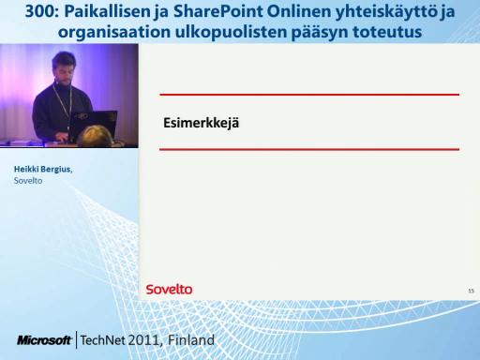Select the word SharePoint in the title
pyautogui.click(x=217, y=11)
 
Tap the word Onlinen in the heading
pyautogui.click(x=299, y=11)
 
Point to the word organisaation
pyautogui.click(x=114, y=32)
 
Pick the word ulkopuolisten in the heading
pyautogui.click(x=231, y=32)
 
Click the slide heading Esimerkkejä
pyautogui.click(x=201, y=123)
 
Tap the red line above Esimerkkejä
pyautogui.click(x=309, y=94)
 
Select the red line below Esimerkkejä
pyautogui.click(x=309, y=149)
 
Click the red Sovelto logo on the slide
pyautogui.click(x=169, y=290)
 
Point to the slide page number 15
pyautogui.click(x=471, y=291)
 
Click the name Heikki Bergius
pyautogui.click(x=43, y=169)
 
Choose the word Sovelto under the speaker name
pyautogui.click(x=28, y=181)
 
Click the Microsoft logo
pyautogui.click(x=44, y=340)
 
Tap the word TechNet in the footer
pyautogui.click(x=103, y=340)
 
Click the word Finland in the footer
pyautogui.click(x=191, y=339)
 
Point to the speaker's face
pyautogui.click(x=65, y=69)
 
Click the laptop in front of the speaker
pyautogui.click(x=93, y=126)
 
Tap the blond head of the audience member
pyautogui.click(x=95, y=136)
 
